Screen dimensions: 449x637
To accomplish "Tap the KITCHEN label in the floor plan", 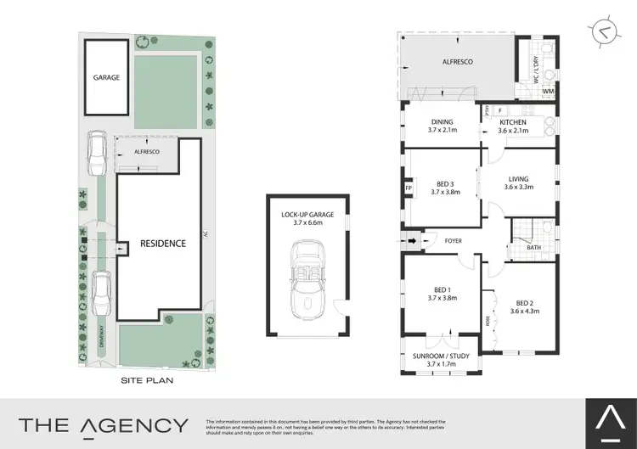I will point(513,121).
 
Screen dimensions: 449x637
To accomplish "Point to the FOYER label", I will point(454,241).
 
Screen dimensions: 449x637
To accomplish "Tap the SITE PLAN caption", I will point(147,381).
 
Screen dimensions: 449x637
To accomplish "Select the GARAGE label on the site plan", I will point(107,76).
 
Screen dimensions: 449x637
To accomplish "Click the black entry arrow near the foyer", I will point(414,241).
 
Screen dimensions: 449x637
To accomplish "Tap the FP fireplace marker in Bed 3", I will point(409,188).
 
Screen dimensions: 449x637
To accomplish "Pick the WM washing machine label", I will point(548,91).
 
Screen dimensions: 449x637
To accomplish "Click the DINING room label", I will point(442,121).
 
